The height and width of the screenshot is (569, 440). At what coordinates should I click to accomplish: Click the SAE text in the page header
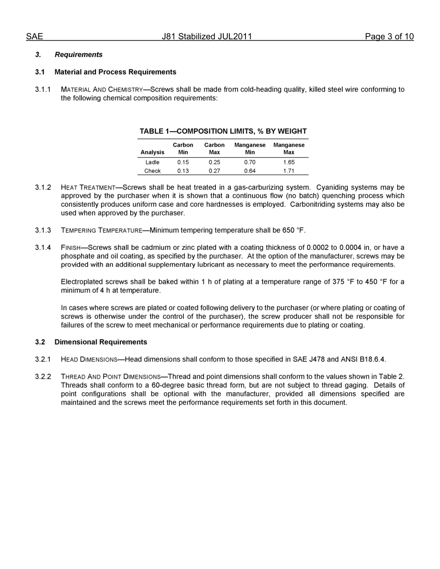[34, 37]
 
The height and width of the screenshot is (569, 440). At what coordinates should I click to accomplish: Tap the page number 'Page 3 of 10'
[389, 37]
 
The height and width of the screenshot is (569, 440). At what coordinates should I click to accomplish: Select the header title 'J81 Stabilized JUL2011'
[207, 37]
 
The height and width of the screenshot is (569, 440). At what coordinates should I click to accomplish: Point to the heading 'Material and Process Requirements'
[115, 72]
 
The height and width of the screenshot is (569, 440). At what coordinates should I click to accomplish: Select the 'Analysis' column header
[152, 152]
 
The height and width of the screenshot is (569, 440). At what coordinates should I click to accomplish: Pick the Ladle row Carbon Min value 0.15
[183, 162]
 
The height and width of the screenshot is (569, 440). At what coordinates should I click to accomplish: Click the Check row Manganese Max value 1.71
[289, 171]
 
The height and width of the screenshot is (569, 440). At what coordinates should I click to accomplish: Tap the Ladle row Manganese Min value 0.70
[250, 162]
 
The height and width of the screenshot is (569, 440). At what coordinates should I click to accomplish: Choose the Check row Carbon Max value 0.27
[214, 171]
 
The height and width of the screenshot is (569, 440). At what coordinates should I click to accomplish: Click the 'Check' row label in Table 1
[152, 171]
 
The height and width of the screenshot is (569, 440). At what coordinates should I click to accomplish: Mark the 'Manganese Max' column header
[289, 148]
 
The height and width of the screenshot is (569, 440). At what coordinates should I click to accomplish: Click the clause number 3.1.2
[43, 187]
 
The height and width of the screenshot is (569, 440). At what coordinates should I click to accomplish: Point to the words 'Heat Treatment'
[88, 187]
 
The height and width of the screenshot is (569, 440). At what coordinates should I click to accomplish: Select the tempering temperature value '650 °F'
[293, 230]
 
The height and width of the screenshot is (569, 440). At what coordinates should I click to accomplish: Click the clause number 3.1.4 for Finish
[43, 247]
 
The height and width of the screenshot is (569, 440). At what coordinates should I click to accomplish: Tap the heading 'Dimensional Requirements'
[101, 342]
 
